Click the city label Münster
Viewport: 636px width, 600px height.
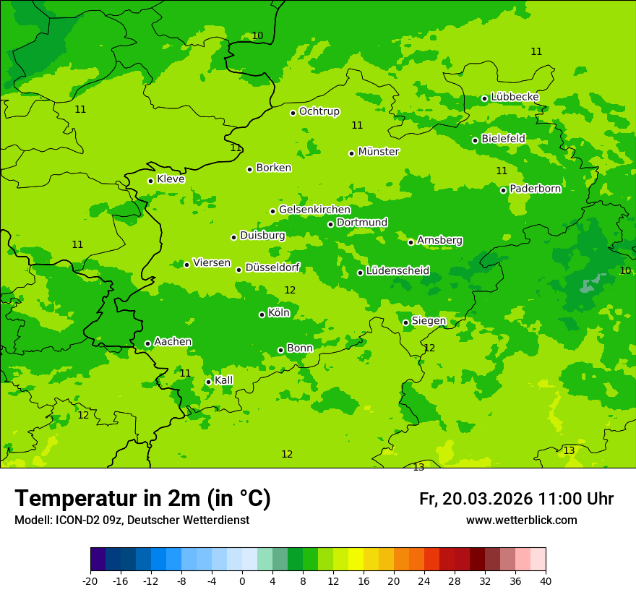379,152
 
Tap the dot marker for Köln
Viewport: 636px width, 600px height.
262,314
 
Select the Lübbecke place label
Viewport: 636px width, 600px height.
515,97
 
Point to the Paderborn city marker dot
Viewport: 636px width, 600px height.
504,190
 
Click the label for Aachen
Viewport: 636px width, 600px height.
173,342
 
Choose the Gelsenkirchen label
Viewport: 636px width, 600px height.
314,210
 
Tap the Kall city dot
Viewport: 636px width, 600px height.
208,382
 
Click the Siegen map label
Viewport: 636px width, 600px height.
429,321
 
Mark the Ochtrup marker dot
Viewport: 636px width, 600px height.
293,113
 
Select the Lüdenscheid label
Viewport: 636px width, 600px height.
397,271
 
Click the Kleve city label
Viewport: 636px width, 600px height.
171,179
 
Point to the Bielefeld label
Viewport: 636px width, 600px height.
503,138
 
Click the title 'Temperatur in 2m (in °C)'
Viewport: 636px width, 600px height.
142,499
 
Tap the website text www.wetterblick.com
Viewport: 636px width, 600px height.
521,520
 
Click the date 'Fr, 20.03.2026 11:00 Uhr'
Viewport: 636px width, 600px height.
516,500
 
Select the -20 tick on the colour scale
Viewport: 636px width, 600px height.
90,580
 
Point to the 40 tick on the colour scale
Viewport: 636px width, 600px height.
546,580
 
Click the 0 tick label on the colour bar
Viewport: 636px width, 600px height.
242,580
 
